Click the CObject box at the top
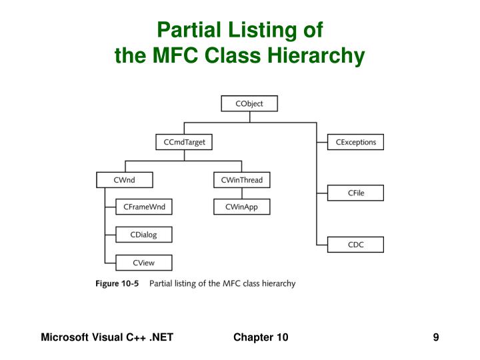pyautogui.click(x=249, y=103)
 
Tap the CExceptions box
pyautogui.click(x=355, y=142)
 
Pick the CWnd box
pyautogui.click(x=125, y=180)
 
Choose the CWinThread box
pyautogui.click(x=242, y=180)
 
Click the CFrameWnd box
pyautogui.click(x=144, y=207)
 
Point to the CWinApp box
pyautogui.click(x=242, y=207)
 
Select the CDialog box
pyautogui.click(x=144, y=235)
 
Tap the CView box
pyautogui.click(x=144, y=262)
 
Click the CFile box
pyautogui.click(x=355, y=193)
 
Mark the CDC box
pyautogui.click(x=355, y=245)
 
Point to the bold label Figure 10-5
pyautogui.click(x=117, y=283)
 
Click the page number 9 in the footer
pyautogui.click(x=435, y=337)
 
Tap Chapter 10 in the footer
pyautogui.click(x=261, y=337)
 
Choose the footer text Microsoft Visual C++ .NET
pyautogui.click(x=107, y=337)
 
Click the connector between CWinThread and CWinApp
pyautogui.click(x=242, y=194)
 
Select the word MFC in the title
pyautogui.click(x=170, y=55)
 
